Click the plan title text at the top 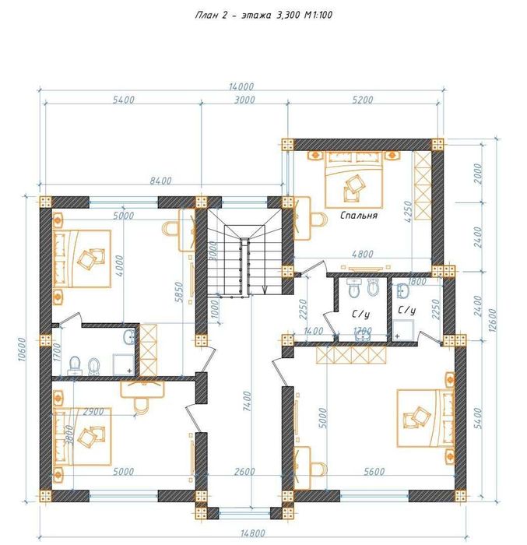pyautogui.click(x=264, y=15)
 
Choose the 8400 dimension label pyautogui.click(x=160, y=181)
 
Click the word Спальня pyautogui.click(x=358, y=216)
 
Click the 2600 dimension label pyautogui.click(x=244, y=472)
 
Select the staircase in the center pyautogui.click(x=244, y=257)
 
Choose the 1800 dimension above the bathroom pyautogui.click(x=416, y=281)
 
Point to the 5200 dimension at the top pyautogui.click(x=362, y=100)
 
